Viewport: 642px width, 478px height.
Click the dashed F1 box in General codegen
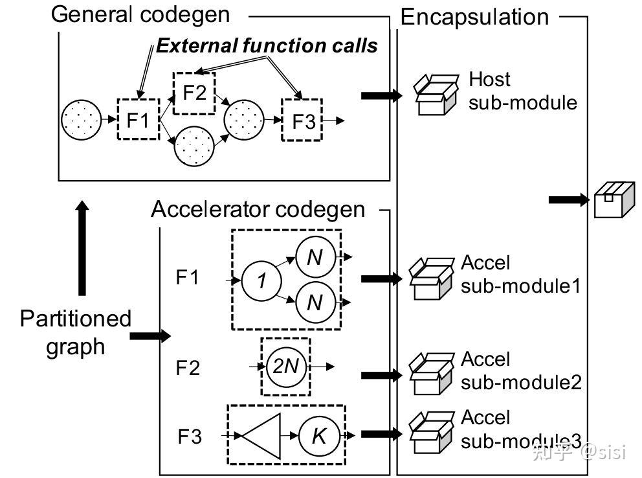click(x=138, y=119)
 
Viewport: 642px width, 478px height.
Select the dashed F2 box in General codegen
click(x=194, y=92)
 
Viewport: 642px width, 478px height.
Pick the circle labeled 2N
click(x=285, y=367)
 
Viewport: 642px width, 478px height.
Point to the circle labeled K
click(x=318, y=436)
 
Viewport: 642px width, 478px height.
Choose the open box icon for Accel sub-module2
click(x=432, y=374)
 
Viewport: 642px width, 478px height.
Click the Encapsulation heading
click(x=474, y=16)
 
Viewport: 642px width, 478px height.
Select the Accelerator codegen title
click(x=258, y=209)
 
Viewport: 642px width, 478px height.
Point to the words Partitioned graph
click(x=75, y=332)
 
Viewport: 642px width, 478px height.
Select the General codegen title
click(x=140, y=14)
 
